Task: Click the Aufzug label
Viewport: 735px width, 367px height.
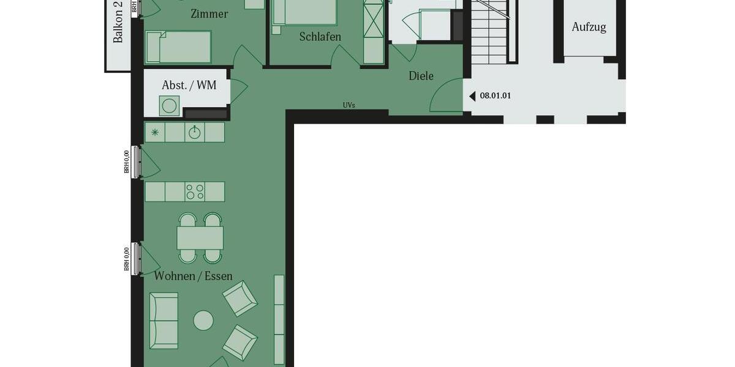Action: [x=589, y=27]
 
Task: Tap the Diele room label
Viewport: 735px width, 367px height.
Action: [x=421, y=76]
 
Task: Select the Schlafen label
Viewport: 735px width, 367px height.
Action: [x=320, y=37]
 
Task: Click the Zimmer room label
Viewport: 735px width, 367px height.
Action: [x=209, y=13]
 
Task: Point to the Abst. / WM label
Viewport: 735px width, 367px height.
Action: [x=189, y=85]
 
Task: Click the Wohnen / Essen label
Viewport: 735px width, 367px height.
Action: [x=193, y=276]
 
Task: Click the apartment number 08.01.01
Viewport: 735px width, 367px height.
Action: [x=495, y=96]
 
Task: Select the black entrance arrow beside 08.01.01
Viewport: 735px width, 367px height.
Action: [x=472, y=96]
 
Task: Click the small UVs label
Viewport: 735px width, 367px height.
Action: [x=349, y=105]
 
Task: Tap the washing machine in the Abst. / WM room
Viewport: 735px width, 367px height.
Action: [x=170, y=106]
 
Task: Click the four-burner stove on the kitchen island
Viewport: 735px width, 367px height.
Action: [x=195, y=191]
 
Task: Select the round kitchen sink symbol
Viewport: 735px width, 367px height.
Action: [x=194, y=132]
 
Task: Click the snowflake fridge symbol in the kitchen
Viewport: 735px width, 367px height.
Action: [x=155, y=132]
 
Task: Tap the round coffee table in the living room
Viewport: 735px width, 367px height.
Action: [x=203, y=320]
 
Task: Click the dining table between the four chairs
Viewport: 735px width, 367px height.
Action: [x=200, y=237]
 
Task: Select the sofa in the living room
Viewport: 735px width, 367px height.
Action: [x=164, y=320]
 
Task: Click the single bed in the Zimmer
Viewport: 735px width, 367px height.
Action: [x=178, y=47]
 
